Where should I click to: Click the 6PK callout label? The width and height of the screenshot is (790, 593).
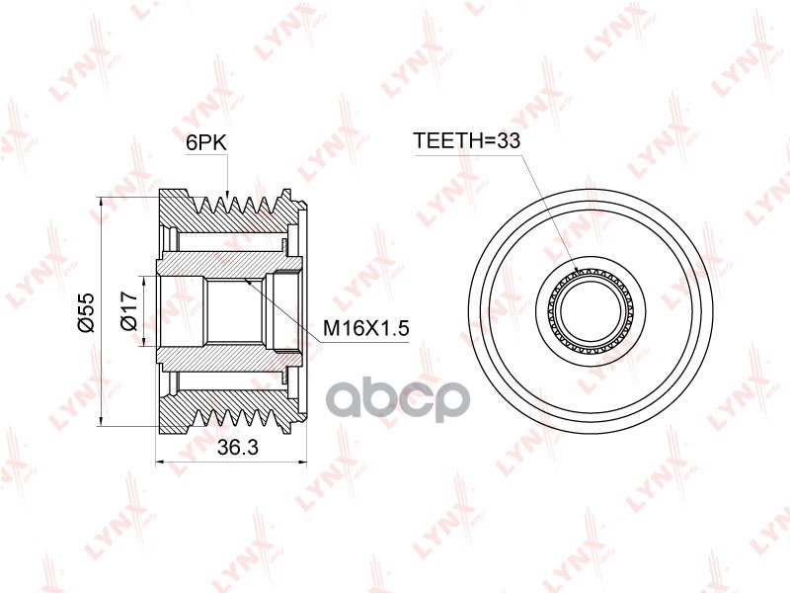206,142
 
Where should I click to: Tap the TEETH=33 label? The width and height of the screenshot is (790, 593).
466,140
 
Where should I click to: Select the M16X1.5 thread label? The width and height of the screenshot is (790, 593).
365,329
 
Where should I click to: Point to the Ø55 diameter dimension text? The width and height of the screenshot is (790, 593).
87,311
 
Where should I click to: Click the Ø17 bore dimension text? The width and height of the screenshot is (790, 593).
129,311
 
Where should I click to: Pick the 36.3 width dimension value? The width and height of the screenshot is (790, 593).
237,447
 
